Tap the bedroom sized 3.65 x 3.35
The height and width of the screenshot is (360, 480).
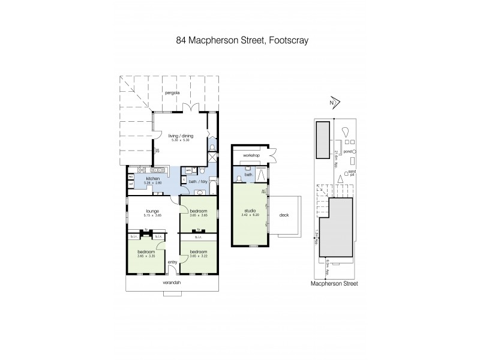(x=145, y=252)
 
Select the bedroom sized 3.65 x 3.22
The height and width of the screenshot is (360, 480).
(x=199, y=252)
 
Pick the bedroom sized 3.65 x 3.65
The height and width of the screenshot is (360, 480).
(x=199, y=211)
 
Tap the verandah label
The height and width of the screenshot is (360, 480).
(x=172, y=283)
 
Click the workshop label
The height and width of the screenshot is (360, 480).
(x=248, y=156)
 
